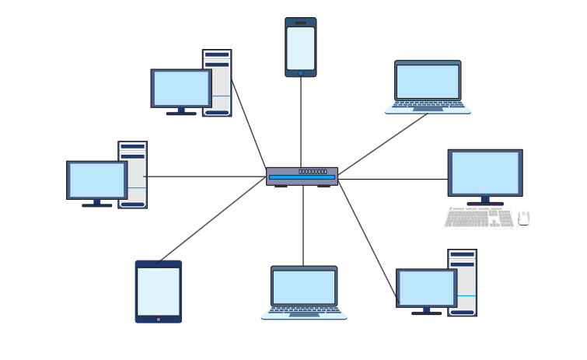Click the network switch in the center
click(x=302, y=177)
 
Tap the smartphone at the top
click(x=301, y=47)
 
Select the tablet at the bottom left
click(x=159, y=291)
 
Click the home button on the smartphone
click(x=301, y=73)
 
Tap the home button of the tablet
click(x=159, y=319)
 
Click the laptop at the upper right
click(x=428, y=86)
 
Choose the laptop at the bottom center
click(x=304, y=292)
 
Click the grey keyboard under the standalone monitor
click(x=478, y=218)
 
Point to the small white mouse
click(x=524, y=218)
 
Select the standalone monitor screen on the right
click(x=485, y=173)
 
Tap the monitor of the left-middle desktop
click(x=97, y=180)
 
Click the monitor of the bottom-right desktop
click(x=426, y=288)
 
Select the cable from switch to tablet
click(x=210, y=220)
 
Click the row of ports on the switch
click(x=313, y=171)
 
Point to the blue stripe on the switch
click(x=302, y=177)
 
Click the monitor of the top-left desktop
click(x=181, y=88)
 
